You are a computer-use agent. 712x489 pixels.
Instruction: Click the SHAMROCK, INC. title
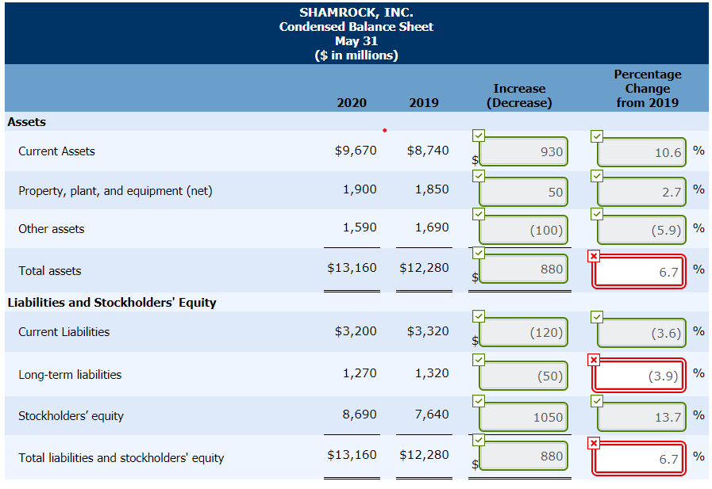pyautogui.click(x=356, y=13)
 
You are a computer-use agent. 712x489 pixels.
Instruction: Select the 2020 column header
pyautogui.click(x=352, y=102)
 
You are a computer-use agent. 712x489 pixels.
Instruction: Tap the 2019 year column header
pyautogui.click(x=424, y=102)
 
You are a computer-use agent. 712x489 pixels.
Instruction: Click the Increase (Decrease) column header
pyautogui.click(x=519, y=95)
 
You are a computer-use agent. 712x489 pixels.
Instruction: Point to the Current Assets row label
pyautogui.click(x=56, y=151)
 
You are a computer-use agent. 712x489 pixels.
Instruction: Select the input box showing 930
pyautogui.click(x=524, y=152)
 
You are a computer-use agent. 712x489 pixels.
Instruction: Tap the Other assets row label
pyautogui.click(x=51, y=229)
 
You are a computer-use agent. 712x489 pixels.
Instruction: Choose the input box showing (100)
pyautogui.click(x=524, y=230)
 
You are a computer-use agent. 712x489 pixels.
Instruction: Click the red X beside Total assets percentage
pyautogui.click(x=594, y=255)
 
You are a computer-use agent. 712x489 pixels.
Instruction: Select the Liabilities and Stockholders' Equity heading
pyautogui.click(x=111, y=303)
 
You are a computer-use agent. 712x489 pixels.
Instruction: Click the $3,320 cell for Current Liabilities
pyautogui.click(x=428, y=331)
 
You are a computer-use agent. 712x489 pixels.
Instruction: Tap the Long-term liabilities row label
pyautogui.click(x=70, y=375)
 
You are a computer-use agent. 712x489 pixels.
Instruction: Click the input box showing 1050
pyautogui.click(x=524, y=417)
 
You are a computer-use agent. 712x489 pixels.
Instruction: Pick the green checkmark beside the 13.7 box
pyautogui.click(x=596, y=401)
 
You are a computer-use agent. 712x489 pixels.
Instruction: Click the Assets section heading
pyautogui.click(x=26, y=122)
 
